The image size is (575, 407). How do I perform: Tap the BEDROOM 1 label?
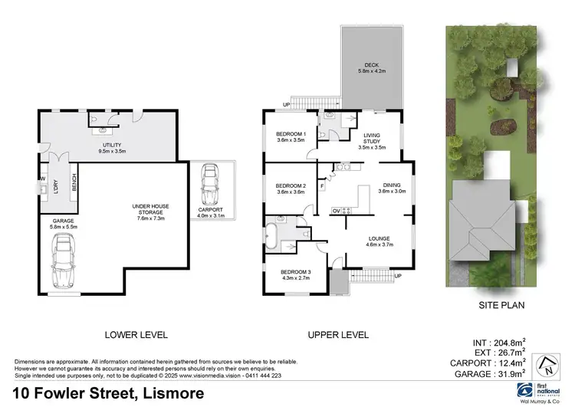291,136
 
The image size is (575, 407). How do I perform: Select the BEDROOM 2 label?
291,189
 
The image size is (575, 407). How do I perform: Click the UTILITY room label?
112,148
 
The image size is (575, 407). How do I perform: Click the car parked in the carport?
210,184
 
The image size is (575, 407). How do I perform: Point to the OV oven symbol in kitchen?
336,211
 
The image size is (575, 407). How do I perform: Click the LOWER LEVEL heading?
136,335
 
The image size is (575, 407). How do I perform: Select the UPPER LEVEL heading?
338,335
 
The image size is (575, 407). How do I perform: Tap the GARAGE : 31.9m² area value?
521,374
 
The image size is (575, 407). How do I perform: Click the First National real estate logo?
542,389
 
